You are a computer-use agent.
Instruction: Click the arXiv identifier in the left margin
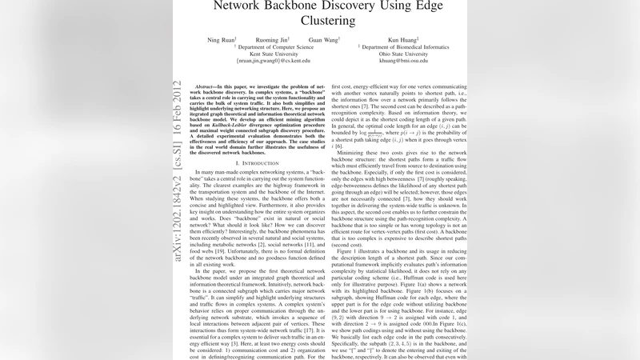point(177,152)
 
